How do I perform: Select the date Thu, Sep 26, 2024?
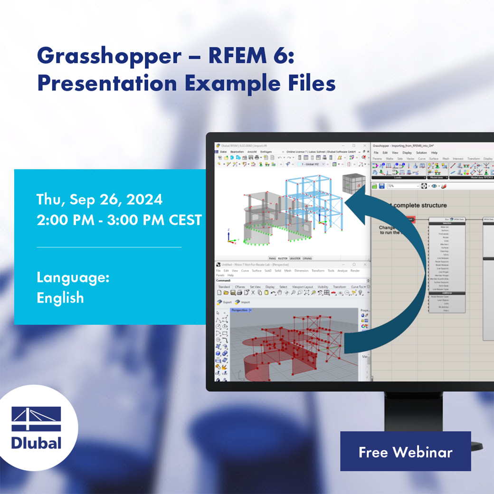[x=100, y=199]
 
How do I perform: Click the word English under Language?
[x=60, y=298]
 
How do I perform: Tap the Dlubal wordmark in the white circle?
[x=36, y=443]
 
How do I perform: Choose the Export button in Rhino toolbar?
[x=224, y=302]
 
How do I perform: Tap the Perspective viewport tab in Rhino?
[x=239, y=310]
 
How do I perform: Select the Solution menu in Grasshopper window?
[x=421, y=152]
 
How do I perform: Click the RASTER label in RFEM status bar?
[x=282, y=258]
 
